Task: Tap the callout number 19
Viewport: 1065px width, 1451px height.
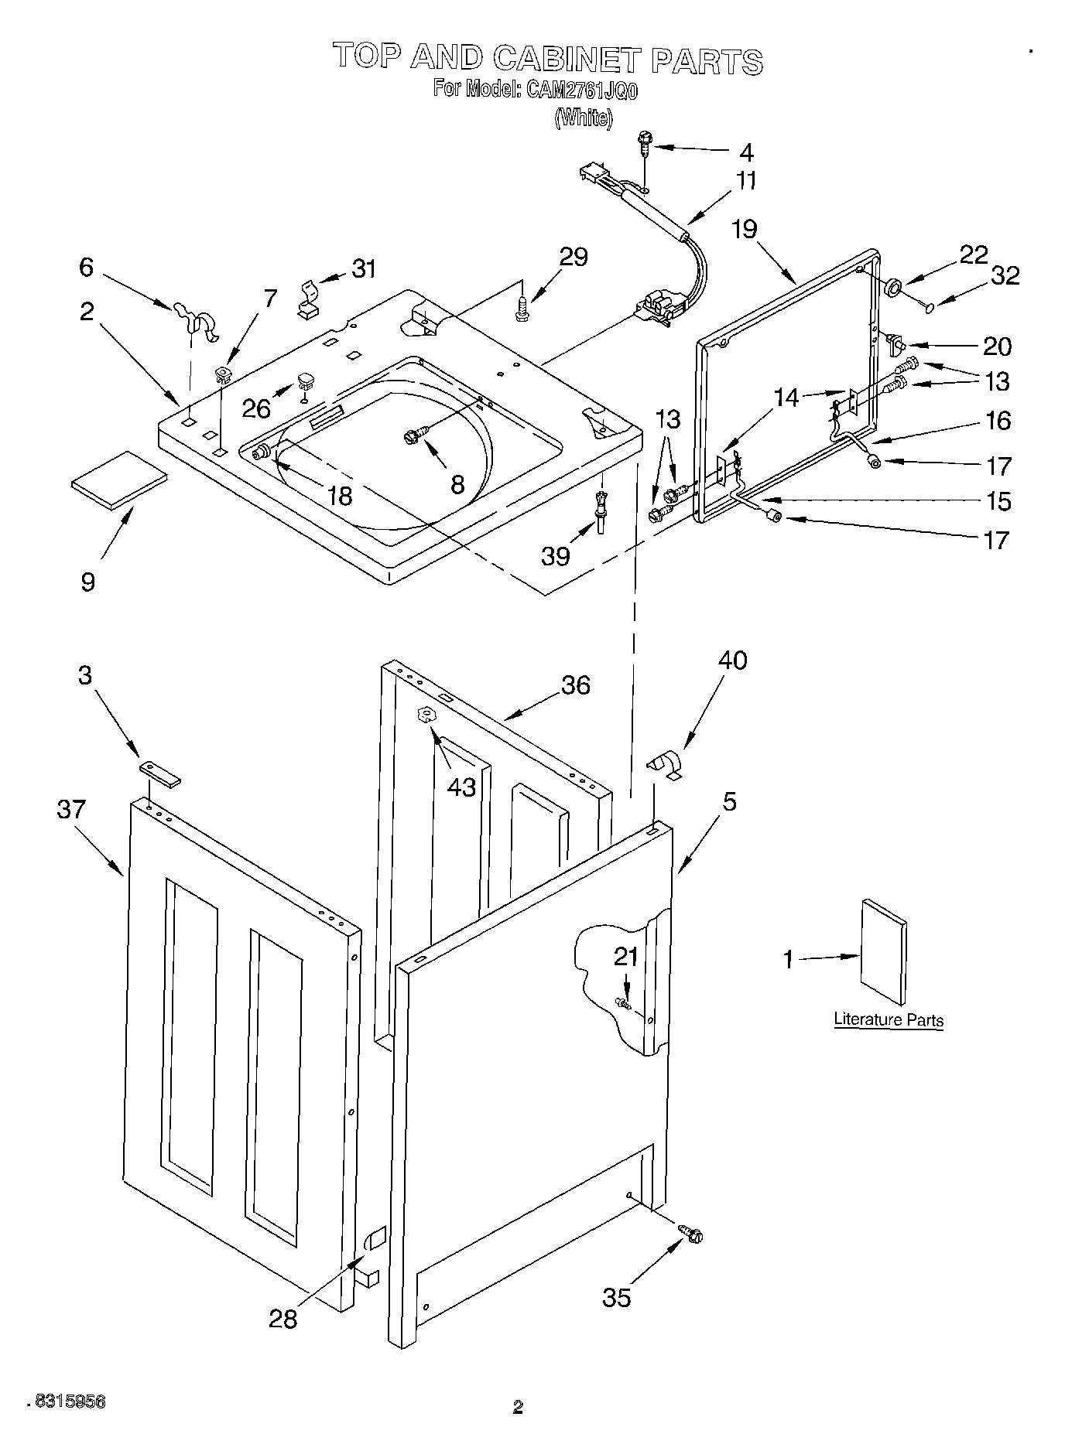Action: point(745,229)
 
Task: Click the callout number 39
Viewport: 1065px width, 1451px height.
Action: point(556,555)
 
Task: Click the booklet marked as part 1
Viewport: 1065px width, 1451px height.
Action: point(884,954)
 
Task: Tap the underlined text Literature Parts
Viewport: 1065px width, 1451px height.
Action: point(888,1019)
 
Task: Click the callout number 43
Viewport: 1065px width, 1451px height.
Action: point(461,787)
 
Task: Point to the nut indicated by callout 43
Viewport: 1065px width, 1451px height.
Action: point(425,715)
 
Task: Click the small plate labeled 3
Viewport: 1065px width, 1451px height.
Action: point(160,773)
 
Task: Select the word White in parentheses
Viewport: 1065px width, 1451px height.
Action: point(584,118)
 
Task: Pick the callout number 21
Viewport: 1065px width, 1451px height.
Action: point(625,957)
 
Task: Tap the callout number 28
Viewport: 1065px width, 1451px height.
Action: point(283,1319)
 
